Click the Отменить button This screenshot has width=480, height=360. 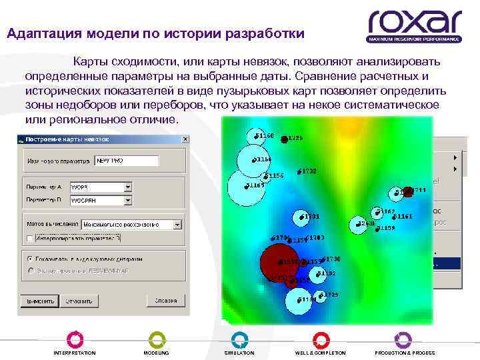[x=79, y=301]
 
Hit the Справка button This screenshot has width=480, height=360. [x=165, y=301]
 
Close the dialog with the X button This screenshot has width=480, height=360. [x=185, y=139]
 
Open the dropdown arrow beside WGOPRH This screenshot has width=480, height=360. [x=127, y=199]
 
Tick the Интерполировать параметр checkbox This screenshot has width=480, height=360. [x=29, y=238]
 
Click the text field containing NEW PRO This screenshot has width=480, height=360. [x=126, y=161]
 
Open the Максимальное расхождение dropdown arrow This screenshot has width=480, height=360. [x=178, y=225]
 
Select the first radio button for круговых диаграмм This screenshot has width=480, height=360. [x=29, y=257]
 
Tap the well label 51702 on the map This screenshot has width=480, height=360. [x=307, y=171]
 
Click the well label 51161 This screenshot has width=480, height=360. [x=403, y=217]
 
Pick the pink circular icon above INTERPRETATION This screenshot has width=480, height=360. [x=75, y=339]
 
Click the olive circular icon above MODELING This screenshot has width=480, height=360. [x=156, y=339]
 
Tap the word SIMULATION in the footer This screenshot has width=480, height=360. [x=239, y=353]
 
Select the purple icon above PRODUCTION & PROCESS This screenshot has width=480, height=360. [x=403, y=339]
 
